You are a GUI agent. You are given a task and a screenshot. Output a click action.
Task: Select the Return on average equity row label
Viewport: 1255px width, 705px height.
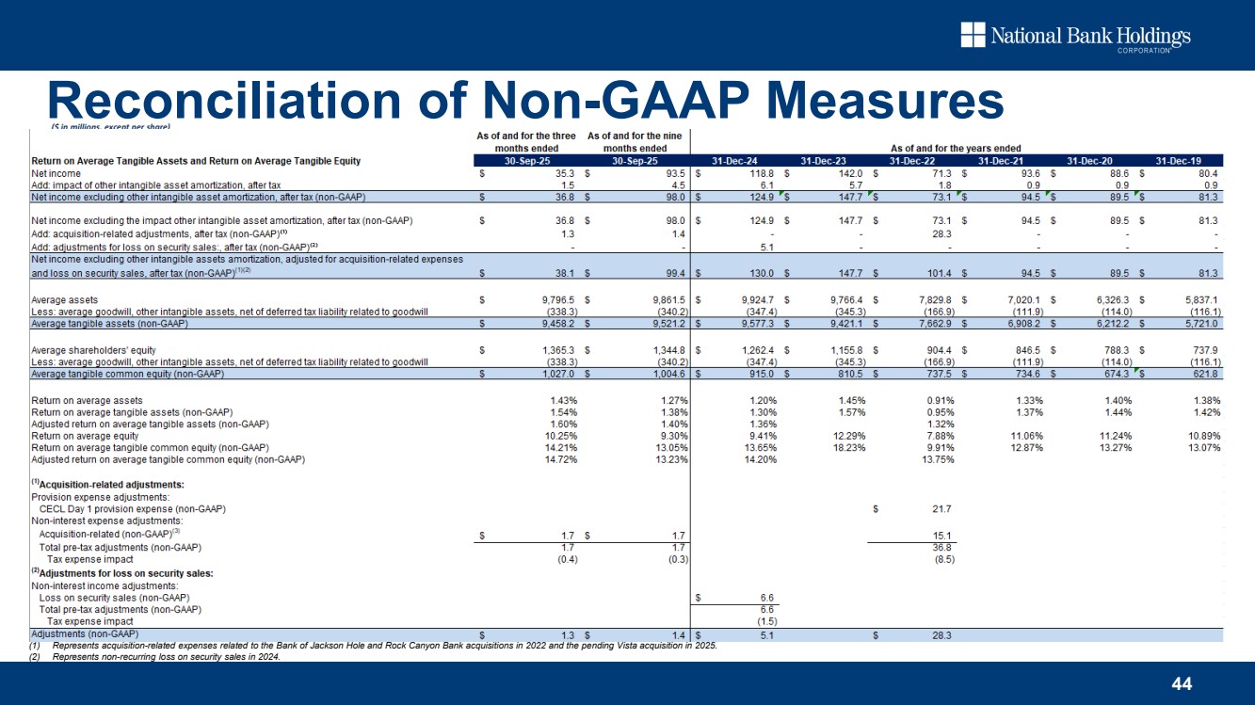(x=86, y=436)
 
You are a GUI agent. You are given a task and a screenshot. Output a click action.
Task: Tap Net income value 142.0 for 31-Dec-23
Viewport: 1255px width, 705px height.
(x=848, y=173)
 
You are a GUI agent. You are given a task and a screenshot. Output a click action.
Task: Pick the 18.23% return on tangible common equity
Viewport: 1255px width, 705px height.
(x=848, y=447)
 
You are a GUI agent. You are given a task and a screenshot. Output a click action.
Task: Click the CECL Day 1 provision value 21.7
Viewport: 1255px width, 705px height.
(x=941, y=509)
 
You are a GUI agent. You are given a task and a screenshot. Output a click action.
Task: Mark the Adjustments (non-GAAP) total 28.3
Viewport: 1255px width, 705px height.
(x=941, y=634)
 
